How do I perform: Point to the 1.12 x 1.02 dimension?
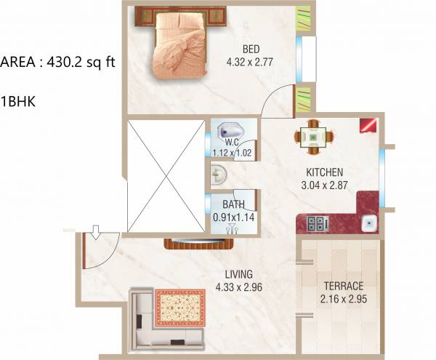tap(231, 153)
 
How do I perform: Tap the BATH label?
tap(234, 204)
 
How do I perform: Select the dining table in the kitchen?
tap(315, 136)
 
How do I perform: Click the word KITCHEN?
tap(324, 172)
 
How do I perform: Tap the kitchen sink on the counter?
tap(369, 223)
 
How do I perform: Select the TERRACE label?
tap(340, 285)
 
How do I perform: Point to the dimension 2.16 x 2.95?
tap(340, 298)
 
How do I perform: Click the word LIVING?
tap(238, 274)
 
